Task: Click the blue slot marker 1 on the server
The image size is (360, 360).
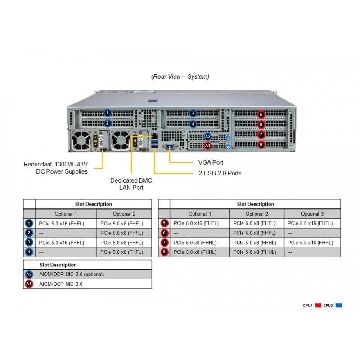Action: point(107,113)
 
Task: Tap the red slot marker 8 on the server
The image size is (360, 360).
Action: point(261,144)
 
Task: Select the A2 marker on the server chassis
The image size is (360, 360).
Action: point(207,137)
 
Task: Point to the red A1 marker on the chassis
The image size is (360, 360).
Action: point(207,146)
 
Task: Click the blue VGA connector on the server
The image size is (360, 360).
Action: point(170,146)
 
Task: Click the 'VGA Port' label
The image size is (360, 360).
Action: point(211,162)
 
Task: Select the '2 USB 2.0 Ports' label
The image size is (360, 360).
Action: point(220,173)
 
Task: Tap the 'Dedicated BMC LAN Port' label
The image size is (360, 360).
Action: point(131,184)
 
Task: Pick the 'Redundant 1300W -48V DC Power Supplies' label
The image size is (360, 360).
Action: point(55,168)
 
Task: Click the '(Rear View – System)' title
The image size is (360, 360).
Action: point(180,76)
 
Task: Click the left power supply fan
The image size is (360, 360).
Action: point(81,140)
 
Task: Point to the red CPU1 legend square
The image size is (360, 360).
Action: point(318,306)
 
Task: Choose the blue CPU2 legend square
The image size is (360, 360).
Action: point(339,306)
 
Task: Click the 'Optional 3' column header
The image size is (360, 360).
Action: point(312,214)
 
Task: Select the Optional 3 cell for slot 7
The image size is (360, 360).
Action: point(310,243)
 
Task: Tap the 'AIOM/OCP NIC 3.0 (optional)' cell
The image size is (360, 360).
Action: point(72,274)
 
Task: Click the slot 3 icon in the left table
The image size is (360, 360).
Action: point(29,243)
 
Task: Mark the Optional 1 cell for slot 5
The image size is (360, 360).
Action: point(196,223)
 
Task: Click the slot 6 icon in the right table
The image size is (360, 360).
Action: point(164,233)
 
